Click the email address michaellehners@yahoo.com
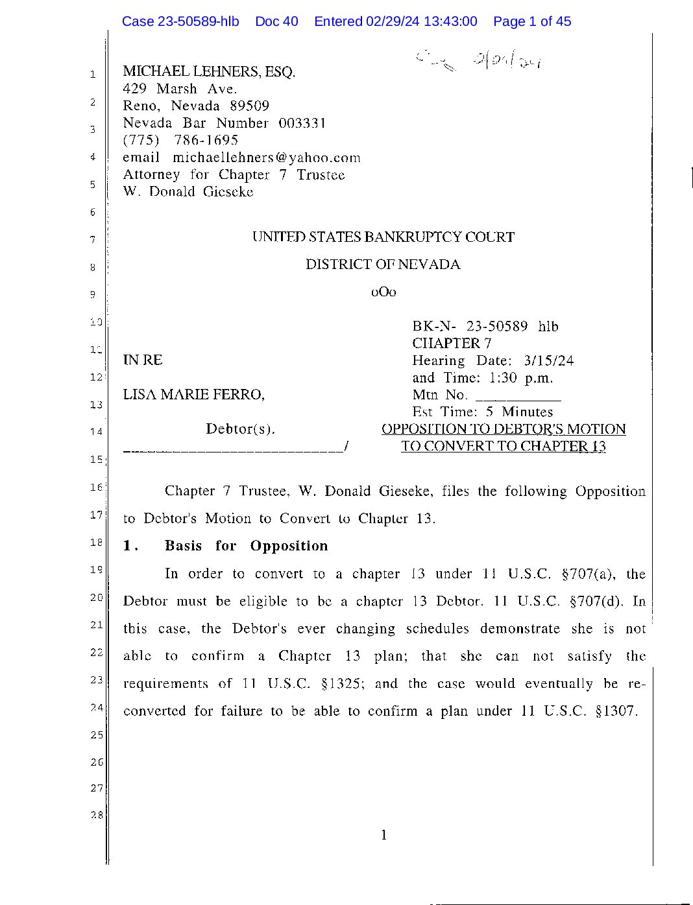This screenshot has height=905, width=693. [x=266, y=158]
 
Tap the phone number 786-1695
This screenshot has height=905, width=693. [x=206, y=140]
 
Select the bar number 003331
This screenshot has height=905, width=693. [x=302, y=123]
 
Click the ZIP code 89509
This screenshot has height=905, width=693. [x=249, y=106]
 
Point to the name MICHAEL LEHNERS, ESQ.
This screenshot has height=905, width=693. [x=209, y=71]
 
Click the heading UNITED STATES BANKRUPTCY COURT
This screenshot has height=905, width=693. [x=383, y=237]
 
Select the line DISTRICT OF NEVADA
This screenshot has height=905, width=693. [x=383, y=264]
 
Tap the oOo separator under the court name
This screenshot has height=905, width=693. [x=383, y=292]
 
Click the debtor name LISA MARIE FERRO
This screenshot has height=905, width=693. [x=193, y=395]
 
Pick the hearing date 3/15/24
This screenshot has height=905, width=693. [x=549, y=360]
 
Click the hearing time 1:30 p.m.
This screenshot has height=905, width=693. [x=521, y=378]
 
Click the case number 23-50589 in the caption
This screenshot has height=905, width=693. [x=497, y=327]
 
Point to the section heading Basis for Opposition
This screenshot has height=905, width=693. [x=246, y=546]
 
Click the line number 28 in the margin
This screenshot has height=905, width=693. [x=97, y=815]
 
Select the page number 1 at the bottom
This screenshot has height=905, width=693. [x=383, y=835]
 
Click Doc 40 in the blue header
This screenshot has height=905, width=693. [x=276, y=21]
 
